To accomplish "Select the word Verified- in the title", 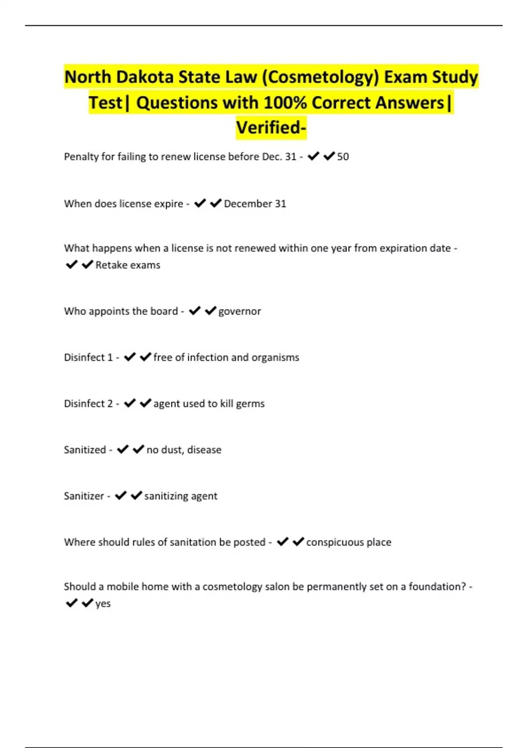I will (x=271, y=128).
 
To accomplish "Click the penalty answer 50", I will (x=343, y=157).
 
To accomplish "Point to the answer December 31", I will (x=255, y=204).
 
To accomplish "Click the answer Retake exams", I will (x=128, y=265).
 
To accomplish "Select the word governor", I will (x=239, y=312).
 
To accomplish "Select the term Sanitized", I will (x=85, y=450).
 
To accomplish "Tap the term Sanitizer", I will (x=84, y=496).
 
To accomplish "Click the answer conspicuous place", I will (x=348, y=542).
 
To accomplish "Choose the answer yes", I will (x=103, y=604).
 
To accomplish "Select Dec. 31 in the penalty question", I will (x=279, y=157).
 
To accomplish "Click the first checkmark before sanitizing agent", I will (x=121, y=495).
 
